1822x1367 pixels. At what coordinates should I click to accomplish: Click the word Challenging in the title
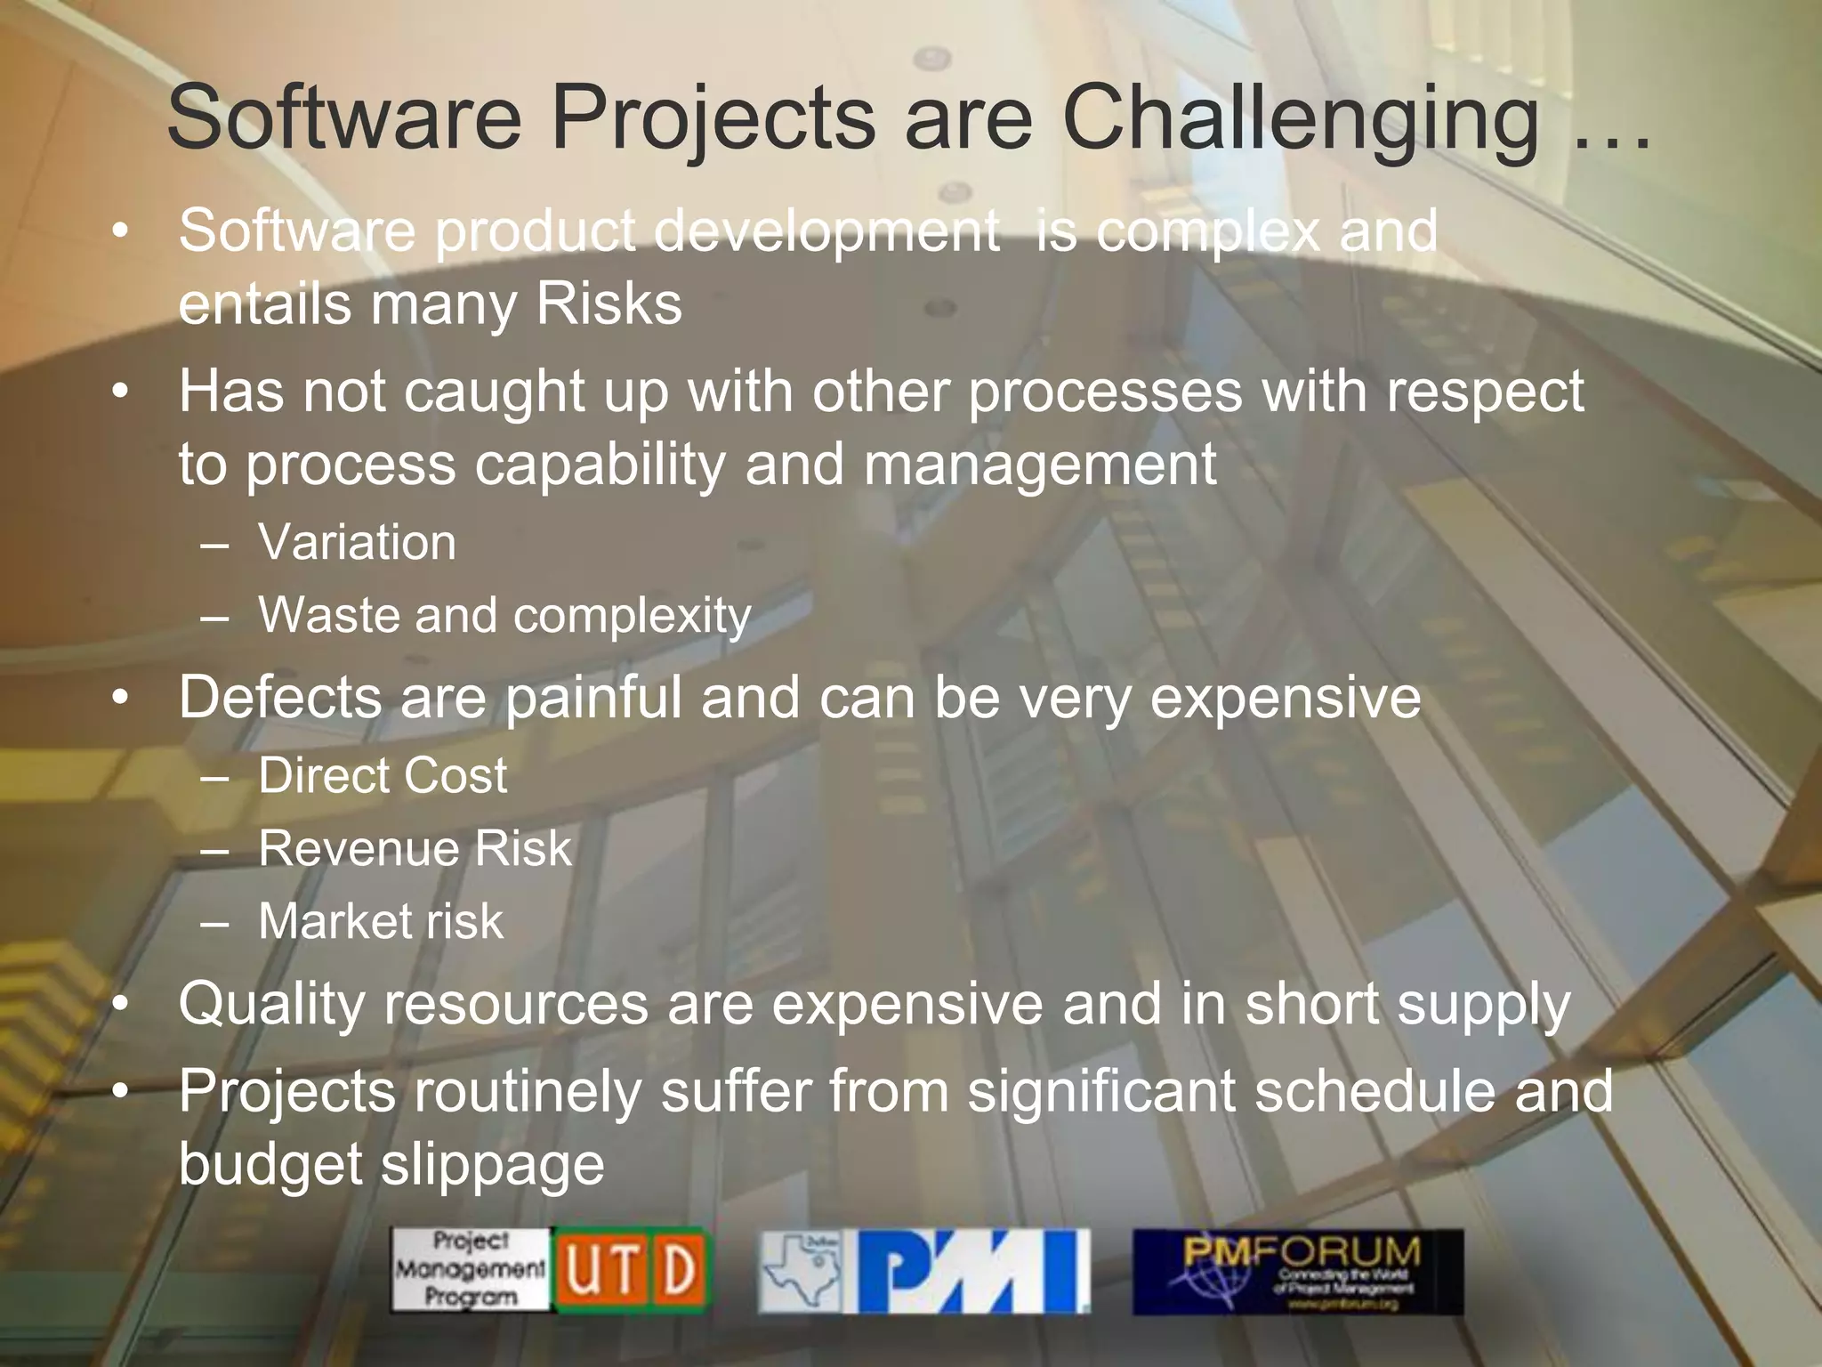coord(1301,118)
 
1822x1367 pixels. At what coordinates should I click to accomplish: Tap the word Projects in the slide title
coord(713,118)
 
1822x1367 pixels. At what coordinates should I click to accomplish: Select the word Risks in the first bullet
coord(609,304)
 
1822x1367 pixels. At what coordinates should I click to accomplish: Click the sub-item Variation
coord(357,542)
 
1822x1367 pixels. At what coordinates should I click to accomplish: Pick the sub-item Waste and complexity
coord(504,615)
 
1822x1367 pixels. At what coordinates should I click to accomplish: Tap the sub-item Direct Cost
coord(383,775)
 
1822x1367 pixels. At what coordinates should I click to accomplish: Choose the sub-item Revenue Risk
coord(415,848)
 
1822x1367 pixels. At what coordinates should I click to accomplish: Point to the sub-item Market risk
coord(381,921)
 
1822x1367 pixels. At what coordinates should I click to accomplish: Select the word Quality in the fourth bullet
coord(270,1005)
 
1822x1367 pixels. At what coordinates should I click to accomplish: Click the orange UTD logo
coord(631,1270)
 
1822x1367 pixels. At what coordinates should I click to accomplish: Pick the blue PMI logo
coord(972,1272)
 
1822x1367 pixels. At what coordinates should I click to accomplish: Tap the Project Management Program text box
coord(471,1270)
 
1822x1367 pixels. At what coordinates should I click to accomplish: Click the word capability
coord(600,465)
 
